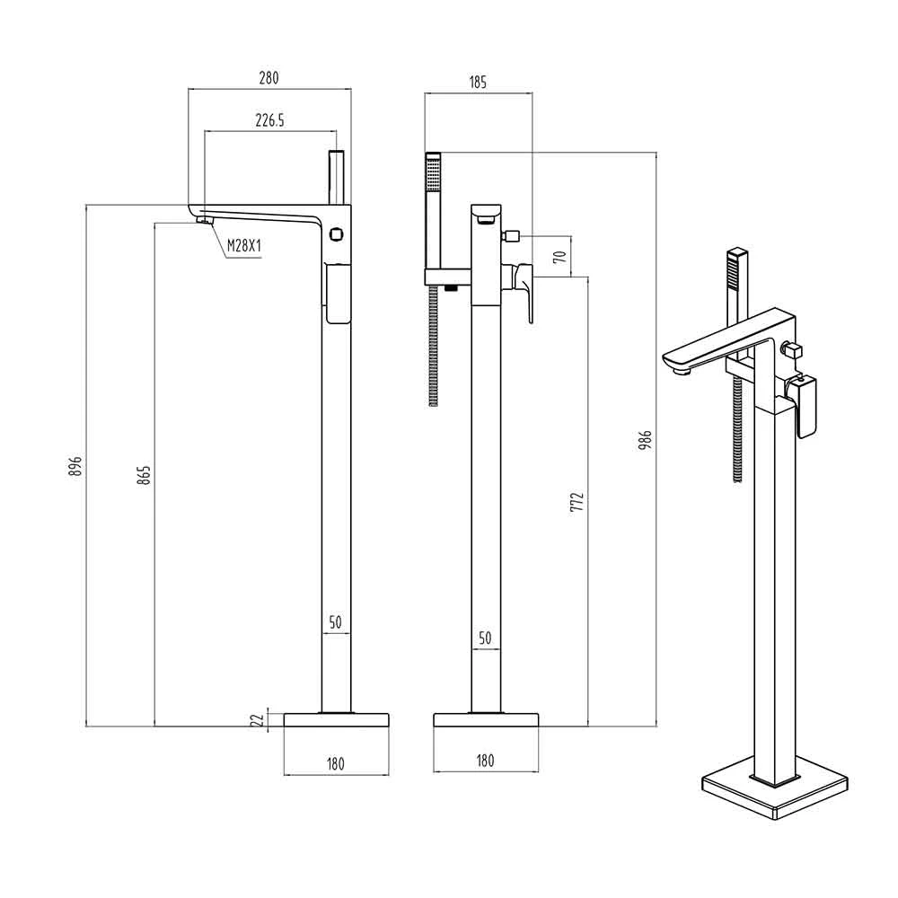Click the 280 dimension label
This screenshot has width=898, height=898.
tap(269, 78)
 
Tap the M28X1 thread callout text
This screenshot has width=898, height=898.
tap(242, 245)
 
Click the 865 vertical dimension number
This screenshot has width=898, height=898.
tap(144, 476)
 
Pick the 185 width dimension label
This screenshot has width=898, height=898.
tap(477, 83)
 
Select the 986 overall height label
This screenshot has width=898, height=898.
tap(645, 440)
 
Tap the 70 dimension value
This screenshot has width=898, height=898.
tap(559, 256)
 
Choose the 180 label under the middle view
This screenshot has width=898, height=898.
tap(485, 761)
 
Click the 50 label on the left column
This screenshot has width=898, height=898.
tap(335, 621)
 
